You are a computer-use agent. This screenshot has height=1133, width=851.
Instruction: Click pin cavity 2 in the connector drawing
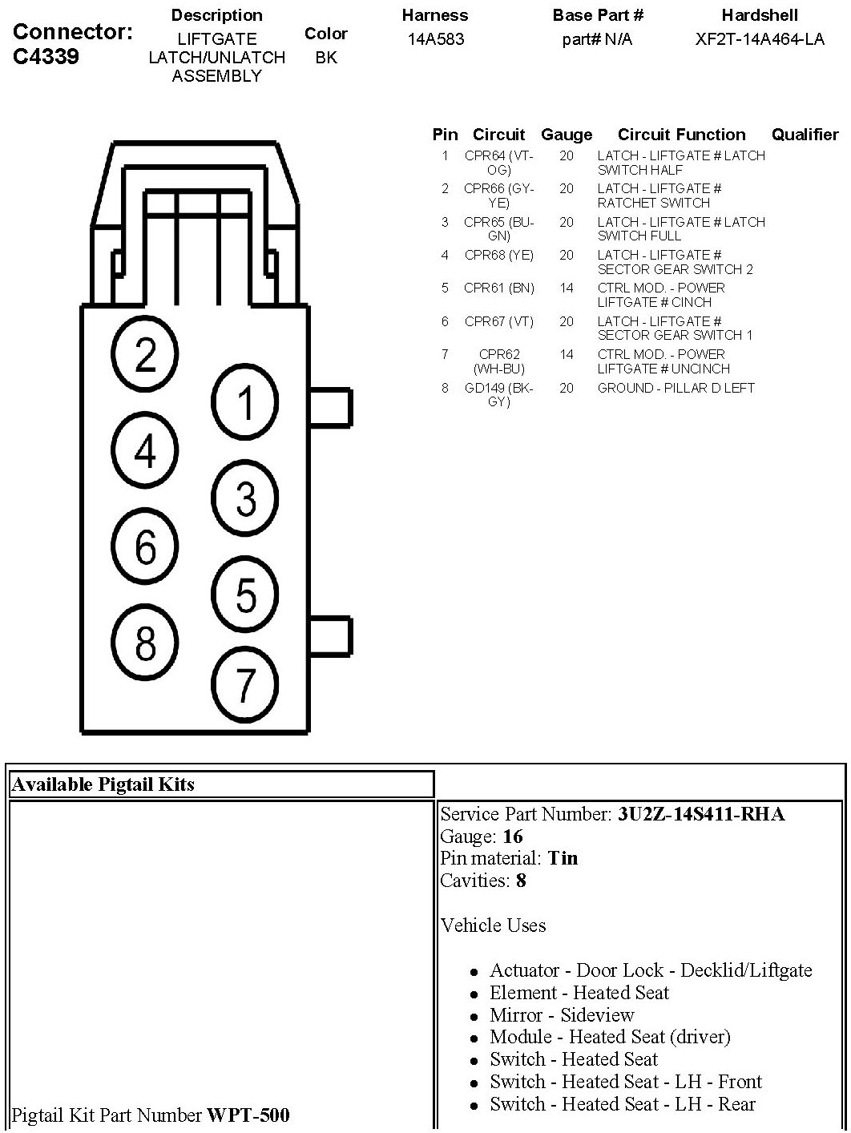coord(145,353)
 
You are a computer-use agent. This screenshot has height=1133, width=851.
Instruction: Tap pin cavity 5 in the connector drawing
coord(245,595)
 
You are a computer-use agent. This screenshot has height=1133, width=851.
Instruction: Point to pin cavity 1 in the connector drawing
coord(245,401)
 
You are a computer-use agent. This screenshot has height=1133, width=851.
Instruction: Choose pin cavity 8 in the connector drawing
coord(145,642)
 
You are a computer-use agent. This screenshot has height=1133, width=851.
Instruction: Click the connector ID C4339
coord(46,57)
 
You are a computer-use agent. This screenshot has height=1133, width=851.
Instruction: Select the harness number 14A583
coord(435,39)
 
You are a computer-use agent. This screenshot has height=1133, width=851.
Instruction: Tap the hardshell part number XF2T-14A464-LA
coord(759,39)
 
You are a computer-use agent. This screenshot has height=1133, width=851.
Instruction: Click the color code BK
coord(326,58)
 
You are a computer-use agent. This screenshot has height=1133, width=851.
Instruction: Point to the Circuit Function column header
coord(681,135)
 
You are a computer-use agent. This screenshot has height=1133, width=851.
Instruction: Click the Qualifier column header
coord(805,135)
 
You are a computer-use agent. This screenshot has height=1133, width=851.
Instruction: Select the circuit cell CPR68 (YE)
coord(498,256)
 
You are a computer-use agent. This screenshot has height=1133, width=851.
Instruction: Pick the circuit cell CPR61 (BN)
coord(498,288)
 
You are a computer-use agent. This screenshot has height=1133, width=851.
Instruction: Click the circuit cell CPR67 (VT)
coord(498,321)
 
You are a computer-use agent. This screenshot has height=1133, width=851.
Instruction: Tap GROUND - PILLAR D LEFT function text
coord(676,388)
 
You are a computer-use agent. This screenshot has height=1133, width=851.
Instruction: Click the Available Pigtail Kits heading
coord(103,784)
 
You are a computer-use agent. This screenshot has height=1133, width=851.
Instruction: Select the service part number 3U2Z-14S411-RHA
coord(700,815)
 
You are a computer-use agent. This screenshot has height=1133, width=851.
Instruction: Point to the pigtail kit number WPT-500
coord(248,1115)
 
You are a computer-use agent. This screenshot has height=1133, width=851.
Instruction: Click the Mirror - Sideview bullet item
coord(562,1015)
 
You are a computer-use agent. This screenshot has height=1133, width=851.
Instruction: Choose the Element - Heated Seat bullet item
coord(579,993)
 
